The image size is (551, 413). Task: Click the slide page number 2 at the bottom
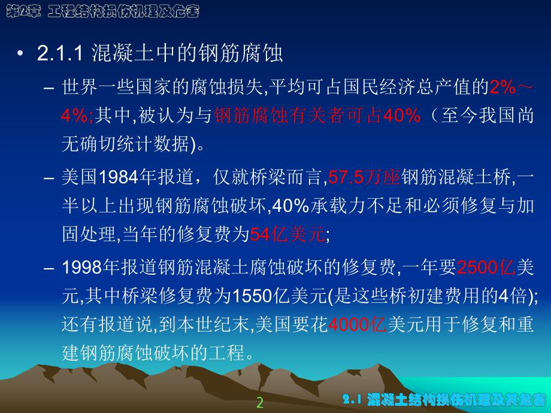pyautogui.click(x=259, y=402)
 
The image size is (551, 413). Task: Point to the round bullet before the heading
pyautogui.click(x=22, y=54)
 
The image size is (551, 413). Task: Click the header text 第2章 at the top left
pyautogui.click(x=21, y=11)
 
